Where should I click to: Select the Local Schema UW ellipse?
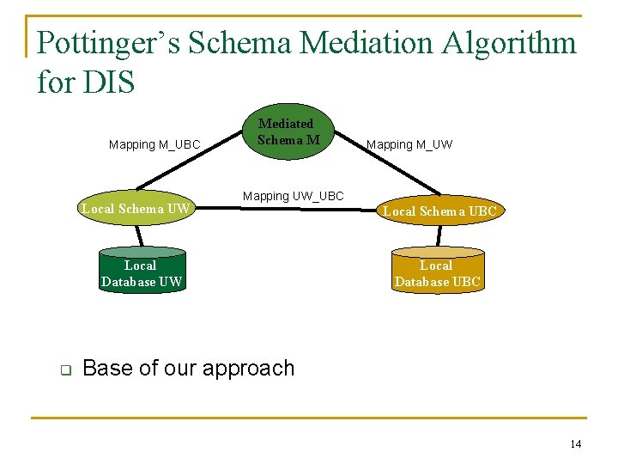click(135, 208)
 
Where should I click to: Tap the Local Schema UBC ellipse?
click(439, 211)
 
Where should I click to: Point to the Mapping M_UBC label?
click(154, 144)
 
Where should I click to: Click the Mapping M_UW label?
click(409, 144)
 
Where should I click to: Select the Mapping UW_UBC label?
click(293, 196)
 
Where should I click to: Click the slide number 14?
click(575, 443)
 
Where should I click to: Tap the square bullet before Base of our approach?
click(64, 369)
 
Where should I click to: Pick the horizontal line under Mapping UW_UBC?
click(292, 207)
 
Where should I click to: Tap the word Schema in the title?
click(236, 42)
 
